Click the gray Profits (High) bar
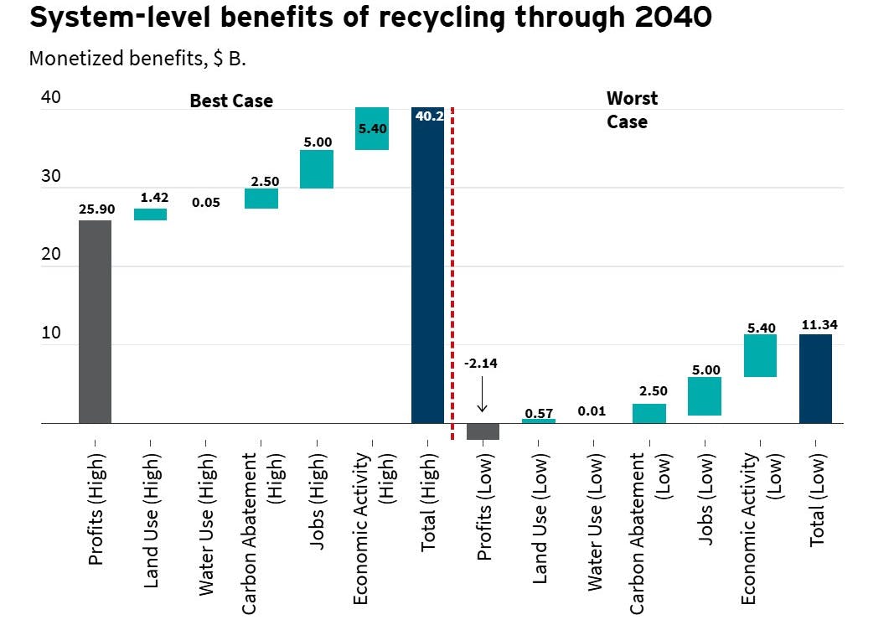[x=95, y=322]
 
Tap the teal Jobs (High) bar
[x=317, y=169]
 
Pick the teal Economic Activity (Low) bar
[x=759, y=355]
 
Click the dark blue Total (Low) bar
[x=815, y=379]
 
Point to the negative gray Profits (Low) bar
[x=483, y=431]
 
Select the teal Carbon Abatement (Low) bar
[x=649, y=414]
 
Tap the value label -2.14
[x=482, y=364]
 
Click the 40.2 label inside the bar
[x=428, y=116]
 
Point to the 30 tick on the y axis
[x=50, y=177]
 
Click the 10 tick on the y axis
[x=50, y=333]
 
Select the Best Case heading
[x=231, y=101]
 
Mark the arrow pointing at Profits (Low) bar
[x=482, y=394]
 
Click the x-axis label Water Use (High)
[x=205, y=513]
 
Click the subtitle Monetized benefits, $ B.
[x=137, y=59]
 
